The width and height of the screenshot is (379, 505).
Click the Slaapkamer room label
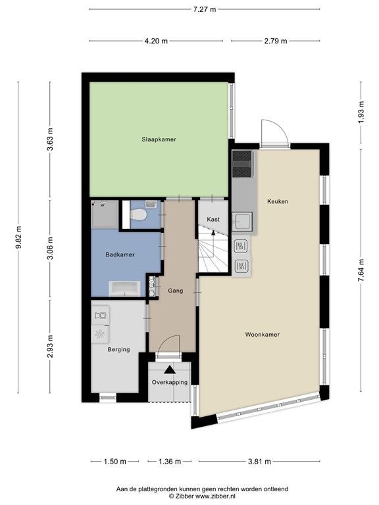pos(159,139)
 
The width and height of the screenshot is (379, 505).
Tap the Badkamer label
pos(120,254)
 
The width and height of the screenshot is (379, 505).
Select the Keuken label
pos(278,201)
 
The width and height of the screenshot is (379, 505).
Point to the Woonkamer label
pos(263,334)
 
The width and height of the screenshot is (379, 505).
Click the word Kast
pos(213,220)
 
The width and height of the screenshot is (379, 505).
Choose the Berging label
pos(118,349)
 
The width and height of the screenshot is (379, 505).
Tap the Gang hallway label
pos(175,291)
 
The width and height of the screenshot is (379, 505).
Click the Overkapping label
pos(170,382)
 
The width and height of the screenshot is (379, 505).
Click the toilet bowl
pos(139,214)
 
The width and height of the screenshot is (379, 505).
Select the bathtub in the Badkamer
pos(124,289)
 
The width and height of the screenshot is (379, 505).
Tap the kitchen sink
pos(242,221)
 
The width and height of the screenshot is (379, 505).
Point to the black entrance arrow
pos(170,370)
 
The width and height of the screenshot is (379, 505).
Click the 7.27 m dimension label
pos(205,9)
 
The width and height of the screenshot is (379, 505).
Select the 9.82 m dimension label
pos(18,237)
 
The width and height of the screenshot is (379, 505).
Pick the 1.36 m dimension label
pos(170,462)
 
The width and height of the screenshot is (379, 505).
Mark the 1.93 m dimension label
pos(361,112)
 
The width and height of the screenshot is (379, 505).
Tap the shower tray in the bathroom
pos(105,214)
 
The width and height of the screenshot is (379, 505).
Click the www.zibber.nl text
pos(215,496)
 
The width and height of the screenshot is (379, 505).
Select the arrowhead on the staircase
pos(213,233)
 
